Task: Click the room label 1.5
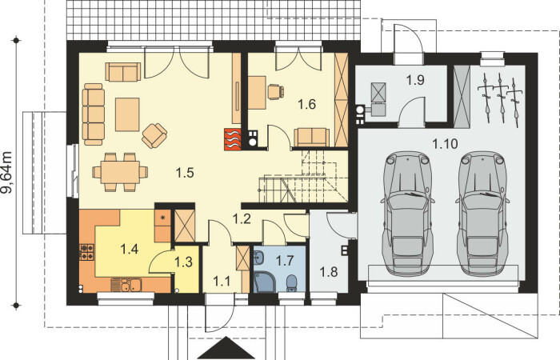185,173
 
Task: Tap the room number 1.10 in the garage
445,144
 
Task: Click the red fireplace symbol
233,139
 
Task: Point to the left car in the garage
407,213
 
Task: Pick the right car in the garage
482,213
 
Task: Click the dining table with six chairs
120,172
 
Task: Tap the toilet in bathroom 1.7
292,283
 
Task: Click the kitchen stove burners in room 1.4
86,251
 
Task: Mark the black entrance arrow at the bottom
227,347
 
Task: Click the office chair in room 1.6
276,91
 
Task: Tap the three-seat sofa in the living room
94,114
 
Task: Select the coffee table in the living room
127,114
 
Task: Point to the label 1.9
415,80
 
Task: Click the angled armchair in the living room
154,136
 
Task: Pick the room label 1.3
183,262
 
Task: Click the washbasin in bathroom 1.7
258,257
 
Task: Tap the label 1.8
329,272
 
